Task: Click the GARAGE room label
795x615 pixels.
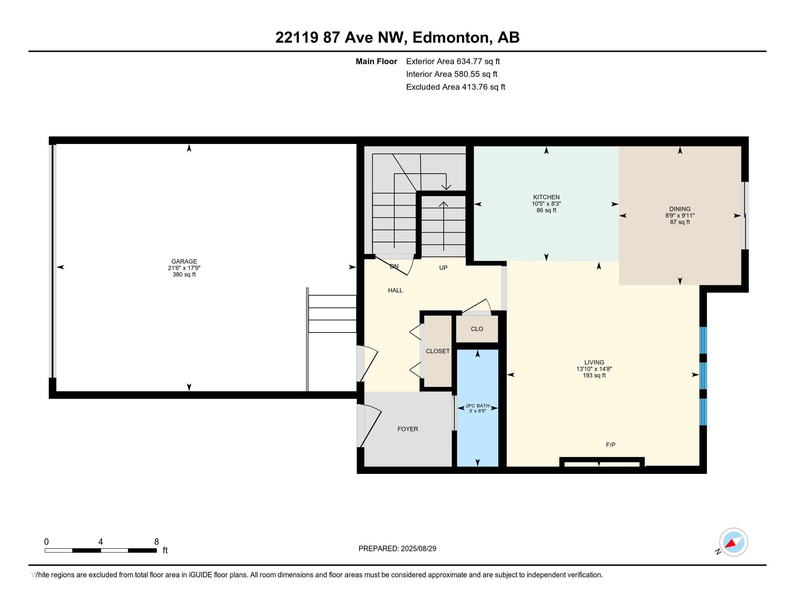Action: [x=184, y=261]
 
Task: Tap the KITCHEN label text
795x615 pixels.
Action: [x=546, y=197]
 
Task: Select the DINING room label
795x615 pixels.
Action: [x=680, y=209]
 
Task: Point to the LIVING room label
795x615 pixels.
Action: [x=594, y=362]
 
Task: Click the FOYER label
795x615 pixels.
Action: [x=408, y=429]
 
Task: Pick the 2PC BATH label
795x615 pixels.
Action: [x=478, y=406]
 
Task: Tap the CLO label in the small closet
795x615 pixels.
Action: [x=477, y=328]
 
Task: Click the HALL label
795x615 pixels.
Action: [x=395, y=290]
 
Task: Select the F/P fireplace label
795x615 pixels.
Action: [x=610, y=445]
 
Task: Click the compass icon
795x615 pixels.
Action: [x=734, y=542]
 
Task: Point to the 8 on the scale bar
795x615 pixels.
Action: [x=156, y=542]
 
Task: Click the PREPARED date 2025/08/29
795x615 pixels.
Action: [x=418, y=549]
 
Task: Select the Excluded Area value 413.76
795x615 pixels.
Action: [x=475, y=87]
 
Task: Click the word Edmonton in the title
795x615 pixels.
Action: [x=450, y=37]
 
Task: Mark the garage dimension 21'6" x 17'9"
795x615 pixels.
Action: [x=184, y=268]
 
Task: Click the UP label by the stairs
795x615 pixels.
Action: [x=443, y=267]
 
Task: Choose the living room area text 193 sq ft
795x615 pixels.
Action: [x=594, y=375]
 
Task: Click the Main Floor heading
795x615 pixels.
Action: [x=377, y=61]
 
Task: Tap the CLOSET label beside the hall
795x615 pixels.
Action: [x=438, y=351]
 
